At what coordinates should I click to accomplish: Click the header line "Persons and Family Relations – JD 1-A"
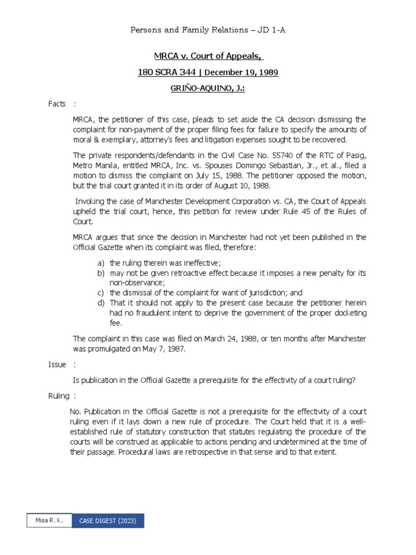208,30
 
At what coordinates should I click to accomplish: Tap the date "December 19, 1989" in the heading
245,72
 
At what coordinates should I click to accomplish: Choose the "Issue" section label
56,365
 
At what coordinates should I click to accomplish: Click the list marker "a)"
101,263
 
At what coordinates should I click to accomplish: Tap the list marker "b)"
101,273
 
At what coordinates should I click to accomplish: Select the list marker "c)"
101,292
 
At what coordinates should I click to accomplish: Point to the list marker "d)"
101,302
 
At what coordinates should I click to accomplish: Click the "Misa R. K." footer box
49,521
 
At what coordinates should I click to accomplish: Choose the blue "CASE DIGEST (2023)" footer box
108,521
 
